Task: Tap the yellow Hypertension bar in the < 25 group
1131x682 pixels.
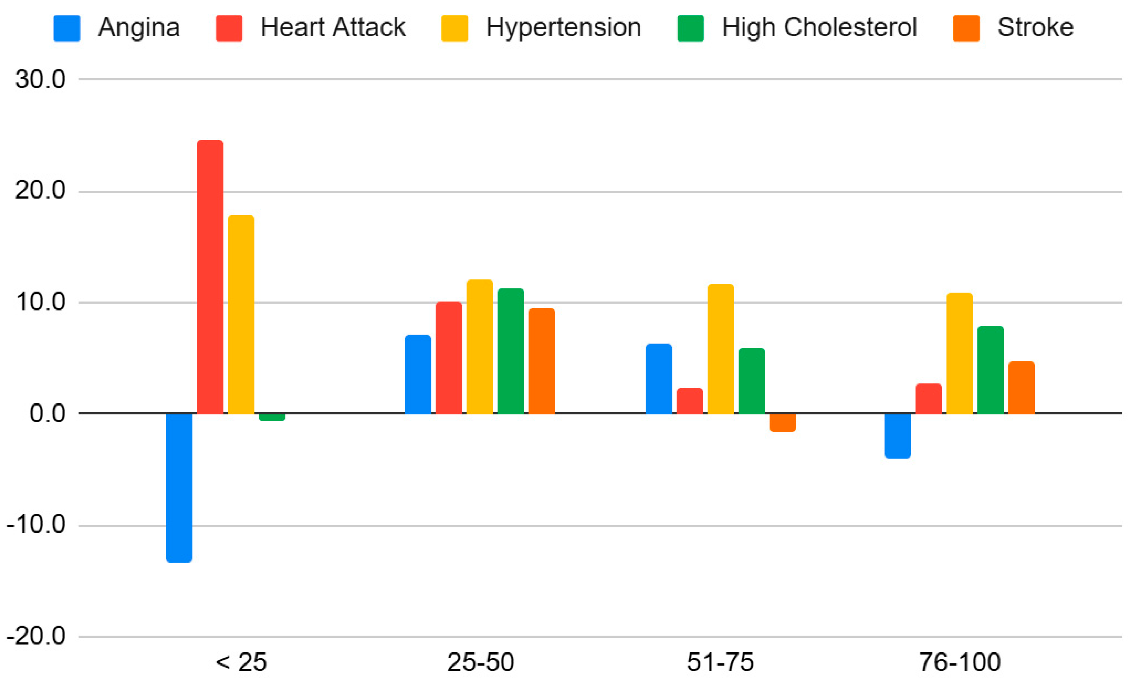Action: (x=241, y=315)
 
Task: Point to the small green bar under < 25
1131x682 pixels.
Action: (x=272, y=417)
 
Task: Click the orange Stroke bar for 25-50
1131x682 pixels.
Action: (x=542, y=361)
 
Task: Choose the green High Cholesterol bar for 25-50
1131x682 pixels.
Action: (x=511, y=351)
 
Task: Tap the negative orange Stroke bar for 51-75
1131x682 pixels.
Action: (x=782, y=423)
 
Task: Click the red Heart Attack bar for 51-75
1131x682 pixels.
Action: (x=690, y=400)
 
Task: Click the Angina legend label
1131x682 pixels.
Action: (x=139, y=27)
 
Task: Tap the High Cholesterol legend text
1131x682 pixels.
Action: (x=819, y=27)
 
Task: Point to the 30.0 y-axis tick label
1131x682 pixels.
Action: (x=40, y=80)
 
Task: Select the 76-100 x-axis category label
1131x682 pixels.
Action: (x=960, y=662)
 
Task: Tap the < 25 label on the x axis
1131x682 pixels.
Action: (x=241, y=662)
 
